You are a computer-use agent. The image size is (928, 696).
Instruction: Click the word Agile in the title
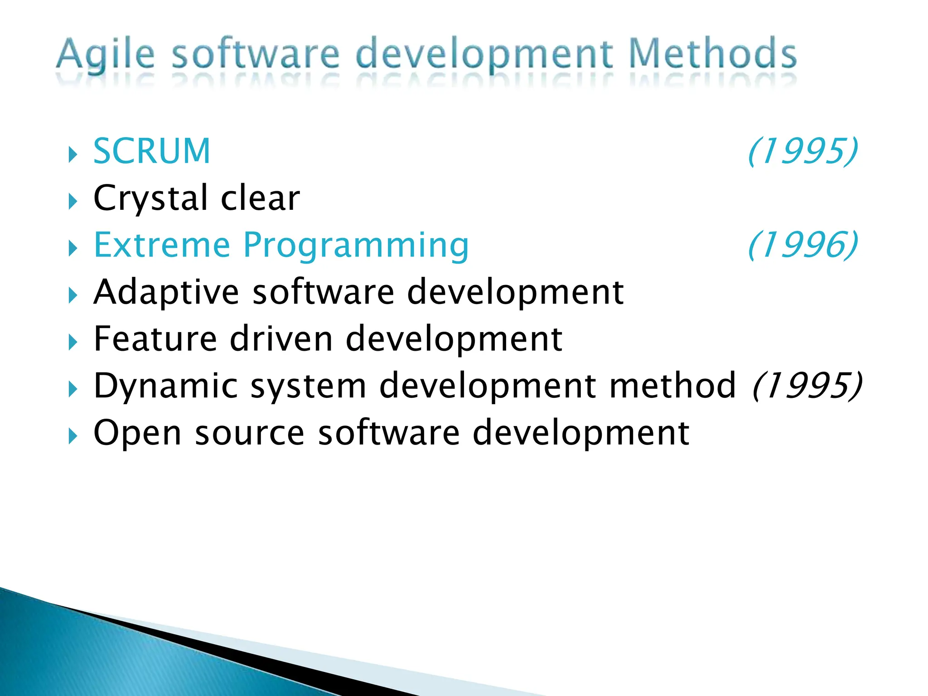(x=105, y=55)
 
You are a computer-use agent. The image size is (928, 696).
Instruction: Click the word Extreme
(x=161, y=245)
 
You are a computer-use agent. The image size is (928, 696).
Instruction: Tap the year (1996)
(x=802, y=245)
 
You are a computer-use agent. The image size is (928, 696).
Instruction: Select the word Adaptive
(x=166, y=292)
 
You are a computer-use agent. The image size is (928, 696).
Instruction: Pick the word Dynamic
(x=165, y=386)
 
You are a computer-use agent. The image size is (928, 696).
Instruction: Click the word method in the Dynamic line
(x=673, y=386)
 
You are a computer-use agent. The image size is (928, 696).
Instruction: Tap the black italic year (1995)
(x=807, y=386)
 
